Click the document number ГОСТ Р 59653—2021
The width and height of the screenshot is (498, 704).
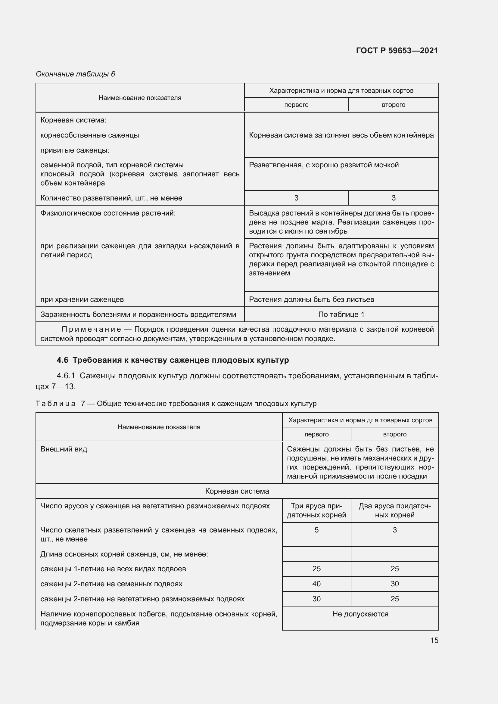tap(397, 51)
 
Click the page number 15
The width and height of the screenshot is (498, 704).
tap(434, 640)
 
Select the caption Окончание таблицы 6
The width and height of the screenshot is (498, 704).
tap(75, 74)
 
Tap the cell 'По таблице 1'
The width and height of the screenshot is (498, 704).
tap(341, 314)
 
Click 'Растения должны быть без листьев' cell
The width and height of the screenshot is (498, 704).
tap(311, 299)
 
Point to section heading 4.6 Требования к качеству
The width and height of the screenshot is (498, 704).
tap(173, 360)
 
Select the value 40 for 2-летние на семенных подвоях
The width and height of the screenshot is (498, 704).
tap(316, 584)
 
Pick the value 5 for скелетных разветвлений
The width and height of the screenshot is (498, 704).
tap(316, 530)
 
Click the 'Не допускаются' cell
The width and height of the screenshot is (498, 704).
tap(360, 614)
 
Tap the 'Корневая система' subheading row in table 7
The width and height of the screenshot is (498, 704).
tap(237, 491)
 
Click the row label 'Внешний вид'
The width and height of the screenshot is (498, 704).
tap(64, 449)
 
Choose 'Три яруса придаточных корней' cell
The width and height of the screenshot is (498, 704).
tap(316, 510)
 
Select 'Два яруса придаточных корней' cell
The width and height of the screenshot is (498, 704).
tap(394, 510)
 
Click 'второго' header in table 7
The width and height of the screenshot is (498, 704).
tap(394, 434)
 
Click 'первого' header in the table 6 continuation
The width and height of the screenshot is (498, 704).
tap(296, 104)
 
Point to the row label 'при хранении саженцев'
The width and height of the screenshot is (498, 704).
tap(82, 299)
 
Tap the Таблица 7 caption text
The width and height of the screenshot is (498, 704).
tap(176, 404)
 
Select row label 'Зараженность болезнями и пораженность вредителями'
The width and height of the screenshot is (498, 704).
tap(138, 314)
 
